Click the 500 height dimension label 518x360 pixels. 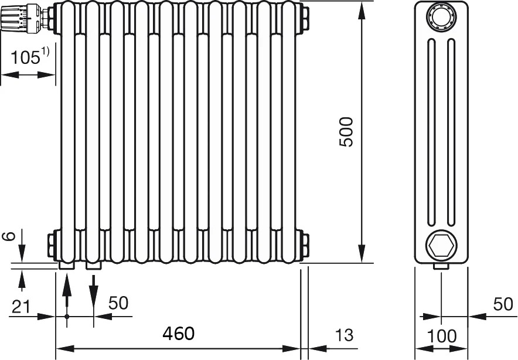coord(346,131)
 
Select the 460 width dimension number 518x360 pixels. coord(178,334)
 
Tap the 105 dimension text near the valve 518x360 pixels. coord(25,57)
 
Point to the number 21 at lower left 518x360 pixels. coord(21,307)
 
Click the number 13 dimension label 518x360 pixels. coord(344,335)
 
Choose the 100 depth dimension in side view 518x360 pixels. coord(442,336)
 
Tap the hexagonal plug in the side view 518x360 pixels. coord(441,245)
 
